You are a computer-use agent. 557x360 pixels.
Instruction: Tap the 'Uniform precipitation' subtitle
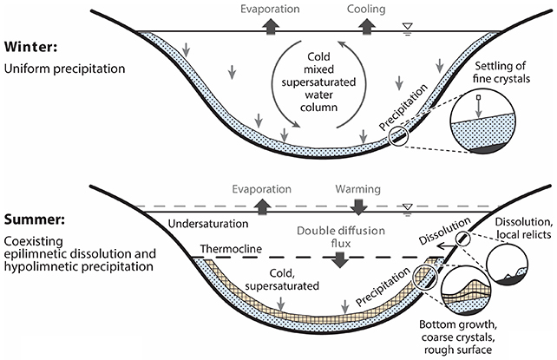(x=58, y=66)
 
